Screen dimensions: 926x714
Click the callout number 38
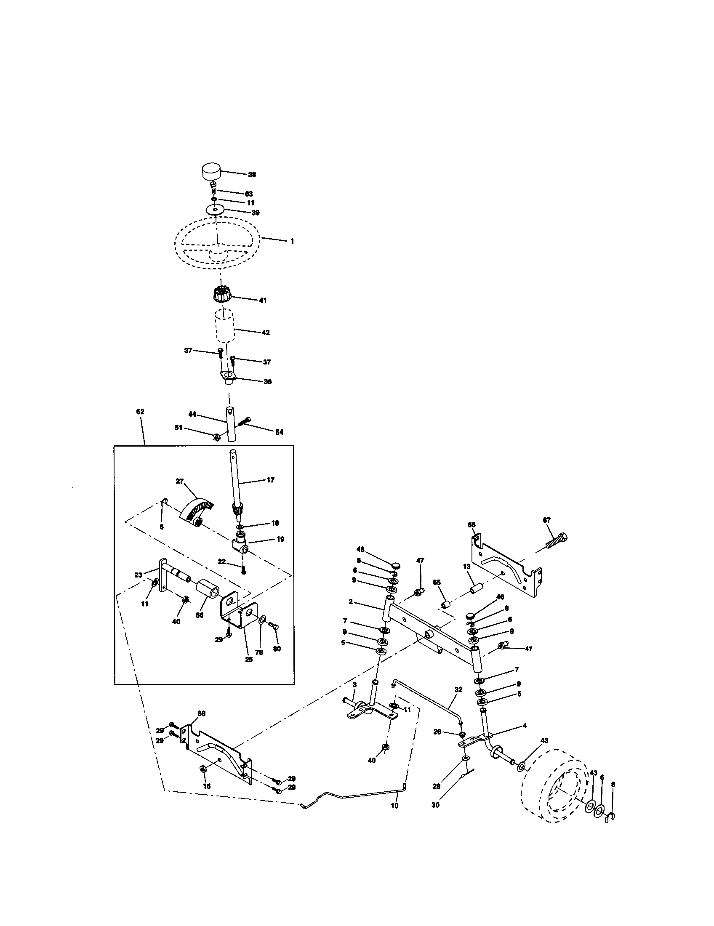pos(252,174)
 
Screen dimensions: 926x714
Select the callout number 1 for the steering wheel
pos(292,241)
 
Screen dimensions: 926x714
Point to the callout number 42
pos(266,333)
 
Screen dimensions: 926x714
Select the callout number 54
pos(279,432)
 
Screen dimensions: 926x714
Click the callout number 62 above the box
pos(140,412)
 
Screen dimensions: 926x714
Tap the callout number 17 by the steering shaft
pos(271,480)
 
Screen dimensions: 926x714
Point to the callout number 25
pos(249,659)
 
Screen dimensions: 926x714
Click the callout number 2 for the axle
pos(351,601)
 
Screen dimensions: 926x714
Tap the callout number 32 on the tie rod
pos(458,690)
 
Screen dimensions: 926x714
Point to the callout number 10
pos(395,806)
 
